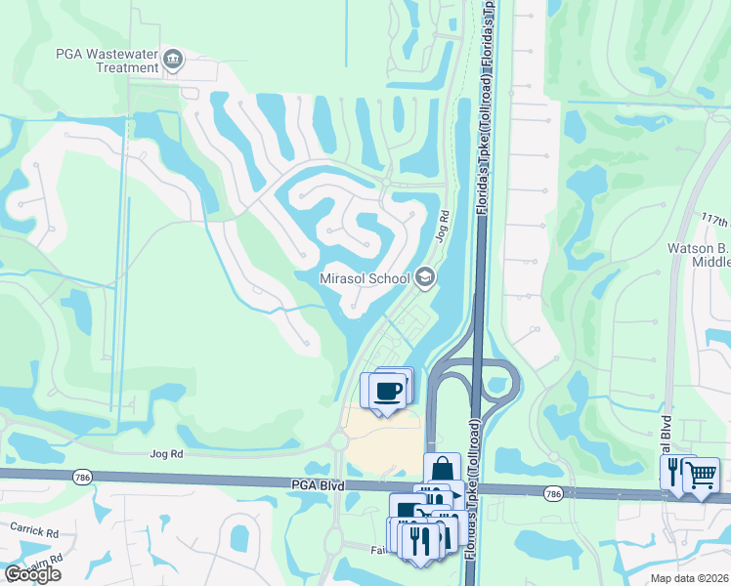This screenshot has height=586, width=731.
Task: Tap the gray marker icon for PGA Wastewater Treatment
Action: click(174, 60)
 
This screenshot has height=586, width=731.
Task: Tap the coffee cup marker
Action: click(387, 391)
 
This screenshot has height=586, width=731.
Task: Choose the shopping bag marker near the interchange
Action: click(442, 468)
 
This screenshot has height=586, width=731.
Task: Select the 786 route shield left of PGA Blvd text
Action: click(83, 476)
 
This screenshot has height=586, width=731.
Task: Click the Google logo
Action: click(32, 574)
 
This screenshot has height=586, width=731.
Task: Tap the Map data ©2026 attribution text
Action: click(688, 578)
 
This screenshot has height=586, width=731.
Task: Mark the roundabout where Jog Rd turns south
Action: click(338, 441)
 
